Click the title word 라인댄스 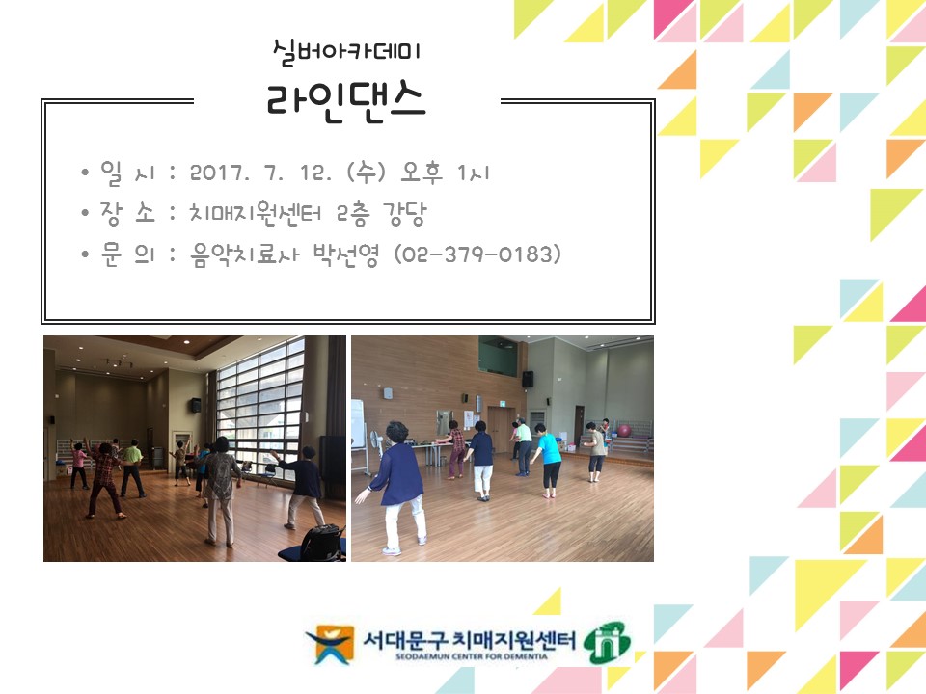[x=347, y=100]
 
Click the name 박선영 [x=348, y=254]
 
